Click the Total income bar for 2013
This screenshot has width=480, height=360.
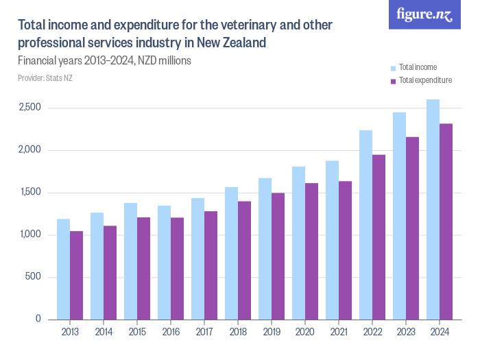[63, 269]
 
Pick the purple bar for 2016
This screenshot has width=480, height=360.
[177, 268]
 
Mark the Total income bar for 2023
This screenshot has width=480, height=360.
[399, 215]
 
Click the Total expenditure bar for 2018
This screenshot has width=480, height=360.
[244, 260]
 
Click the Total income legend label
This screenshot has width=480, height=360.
[418, 67]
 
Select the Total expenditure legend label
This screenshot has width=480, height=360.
[425, 80]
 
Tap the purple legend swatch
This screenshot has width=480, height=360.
[394, 81]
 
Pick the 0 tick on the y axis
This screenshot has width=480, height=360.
[38, 320]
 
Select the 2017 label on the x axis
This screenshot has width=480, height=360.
[204, 333]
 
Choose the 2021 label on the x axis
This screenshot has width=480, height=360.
[339, 333]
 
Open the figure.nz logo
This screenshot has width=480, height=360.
[424, 15]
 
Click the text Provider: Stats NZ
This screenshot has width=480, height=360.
[45, 78]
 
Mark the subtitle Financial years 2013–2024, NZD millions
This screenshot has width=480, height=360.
[104, 60]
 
